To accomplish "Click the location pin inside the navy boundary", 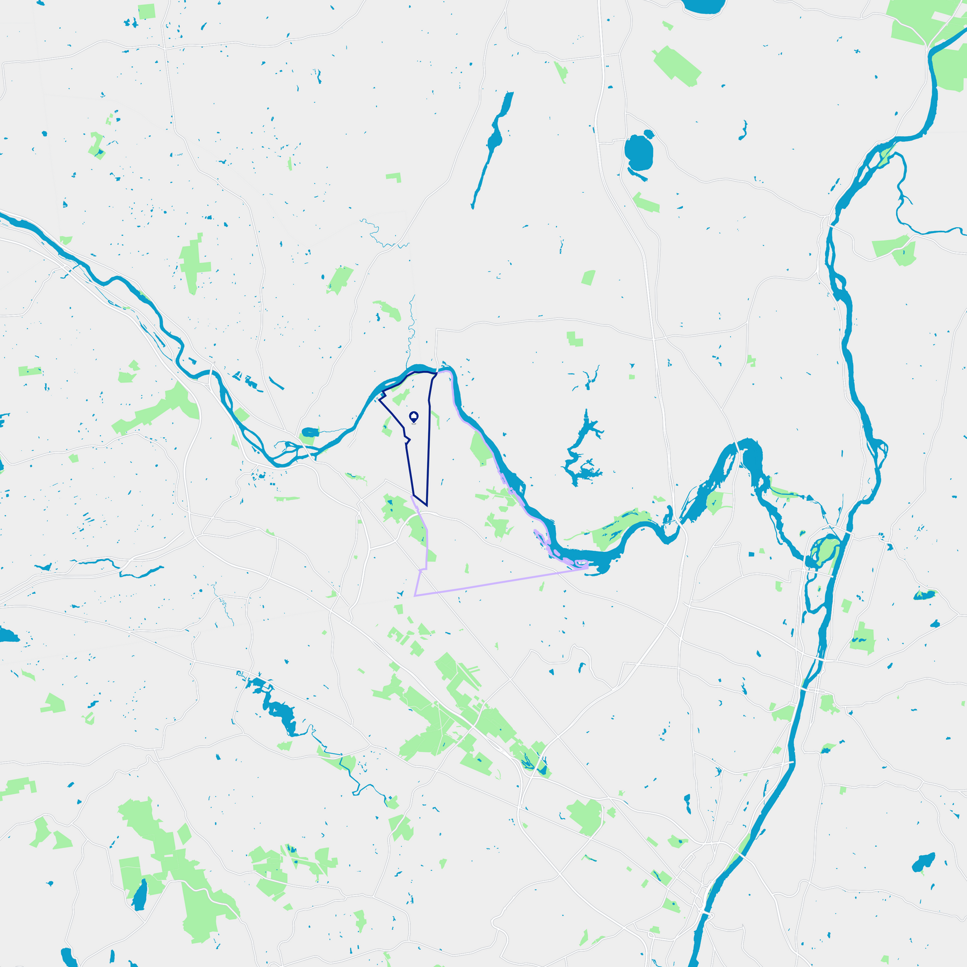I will click(x=414, y=416).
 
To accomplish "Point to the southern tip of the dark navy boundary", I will click(x=427, y=506).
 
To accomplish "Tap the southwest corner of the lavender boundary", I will click(x=415, y=596).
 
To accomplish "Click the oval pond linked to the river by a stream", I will click(x=310, y=432).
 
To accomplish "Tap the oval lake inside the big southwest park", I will click(x=140, y=895).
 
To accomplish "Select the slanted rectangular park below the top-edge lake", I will click(x=677, y=66).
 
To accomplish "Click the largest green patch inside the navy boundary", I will click(x=400, y=398).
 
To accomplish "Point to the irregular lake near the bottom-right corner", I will click(x=923, y=863).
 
